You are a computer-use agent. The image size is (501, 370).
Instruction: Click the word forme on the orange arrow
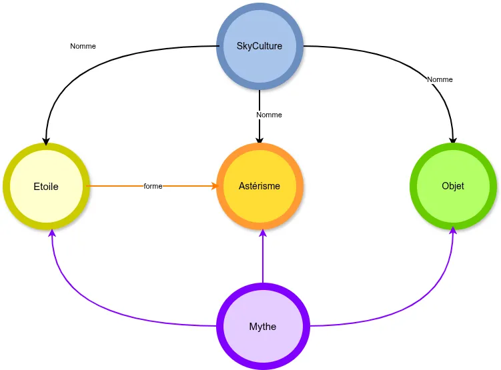(x=153, y=186)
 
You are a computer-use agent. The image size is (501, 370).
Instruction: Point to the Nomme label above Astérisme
(x=269, y=115)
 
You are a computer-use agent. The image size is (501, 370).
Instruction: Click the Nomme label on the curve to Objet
(x=440, y=79)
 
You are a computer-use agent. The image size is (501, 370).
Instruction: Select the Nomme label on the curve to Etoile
(x=83, y=46)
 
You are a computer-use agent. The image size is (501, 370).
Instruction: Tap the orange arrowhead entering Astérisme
(x=214, y=186)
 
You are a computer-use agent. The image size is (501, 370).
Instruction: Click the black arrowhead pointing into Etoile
(x=45, y=141)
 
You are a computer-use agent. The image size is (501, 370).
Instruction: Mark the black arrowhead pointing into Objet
(x=453, y=141)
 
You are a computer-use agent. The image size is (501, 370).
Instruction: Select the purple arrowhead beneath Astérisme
(x=263, y=233)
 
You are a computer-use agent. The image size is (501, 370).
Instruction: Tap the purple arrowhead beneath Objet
(x=454, y=230)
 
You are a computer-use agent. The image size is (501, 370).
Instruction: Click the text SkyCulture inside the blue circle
(x=260, y=46)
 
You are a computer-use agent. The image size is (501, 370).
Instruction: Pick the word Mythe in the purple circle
(x=263, y=327)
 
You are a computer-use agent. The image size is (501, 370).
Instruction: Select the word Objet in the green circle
(x=453, y=186)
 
